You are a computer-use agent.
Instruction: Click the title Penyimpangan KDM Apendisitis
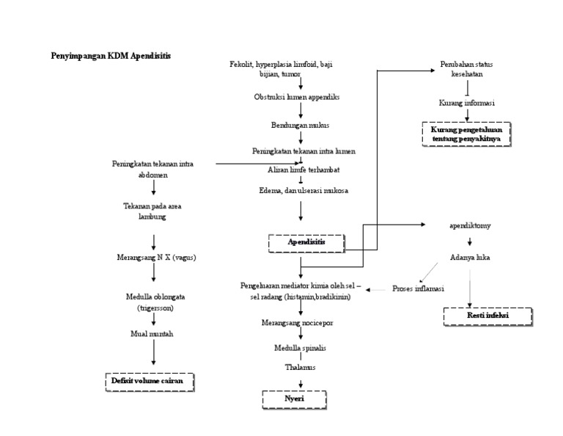click(x=112, y=55)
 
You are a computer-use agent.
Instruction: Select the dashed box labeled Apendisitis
click(x=306, y=241)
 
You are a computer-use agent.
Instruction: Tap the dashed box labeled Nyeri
click(x=295, y=399)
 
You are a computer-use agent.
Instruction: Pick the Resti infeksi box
click(x=488, y=316)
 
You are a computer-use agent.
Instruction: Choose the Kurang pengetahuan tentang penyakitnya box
click(x=466, y=134)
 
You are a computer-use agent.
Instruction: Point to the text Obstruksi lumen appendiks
click(x=296, y=97)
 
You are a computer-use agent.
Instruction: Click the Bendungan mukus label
click(x=300, y=125)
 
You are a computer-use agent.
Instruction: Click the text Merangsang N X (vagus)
click(x=155, y=258)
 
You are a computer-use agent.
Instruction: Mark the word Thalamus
click(x=300, y=367)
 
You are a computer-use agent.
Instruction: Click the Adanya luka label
click(x=470, y=258)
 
